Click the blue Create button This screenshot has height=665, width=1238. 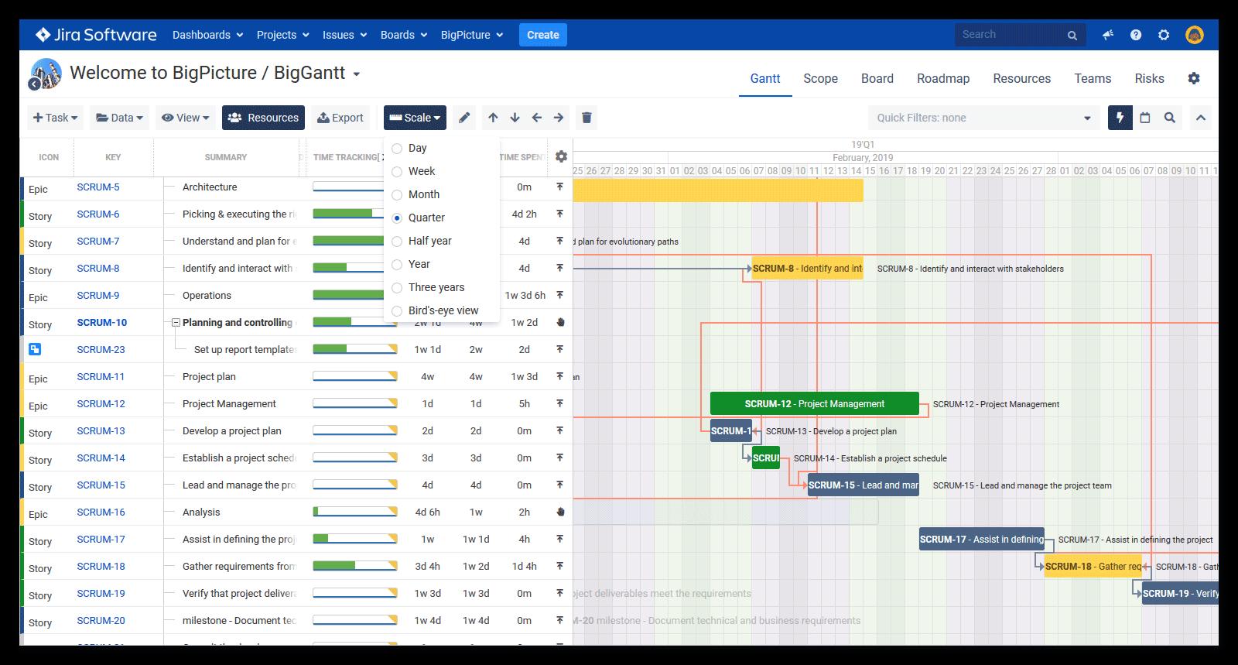tap(542, 35)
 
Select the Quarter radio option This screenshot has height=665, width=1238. tap(397, 218)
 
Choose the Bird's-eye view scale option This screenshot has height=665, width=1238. tap(397, 311)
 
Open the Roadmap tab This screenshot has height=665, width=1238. tap(942, 78)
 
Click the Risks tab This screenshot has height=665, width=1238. tap(1149, 78)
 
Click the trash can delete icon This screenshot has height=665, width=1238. tap(587, 118)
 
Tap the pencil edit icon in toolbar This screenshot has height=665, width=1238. tap(464, 118)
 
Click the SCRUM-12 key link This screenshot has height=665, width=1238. tap(101, 403)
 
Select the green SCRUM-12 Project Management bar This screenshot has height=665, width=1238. tap(814, 403)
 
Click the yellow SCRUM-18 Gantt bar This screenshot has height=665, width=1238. tap(1092, 566)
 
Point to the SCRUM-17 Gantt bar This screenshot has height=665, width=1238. tap(981, 539)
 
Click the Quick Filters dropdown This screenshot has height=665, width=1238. tap(983, 118)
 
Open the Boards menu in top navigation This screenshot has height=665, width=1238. tap(403, 35)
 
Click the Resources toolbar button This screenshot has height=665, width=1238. tap(263, 118)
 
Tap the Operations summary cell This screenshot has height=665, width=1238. tap(207, 295)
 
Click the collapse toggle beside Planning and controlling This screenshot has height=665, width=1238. tap(176, 323)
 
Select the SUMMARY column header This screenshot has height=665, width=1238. tap(225, 157)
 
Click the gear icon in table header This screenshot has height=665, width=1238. tap(561, 156)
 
